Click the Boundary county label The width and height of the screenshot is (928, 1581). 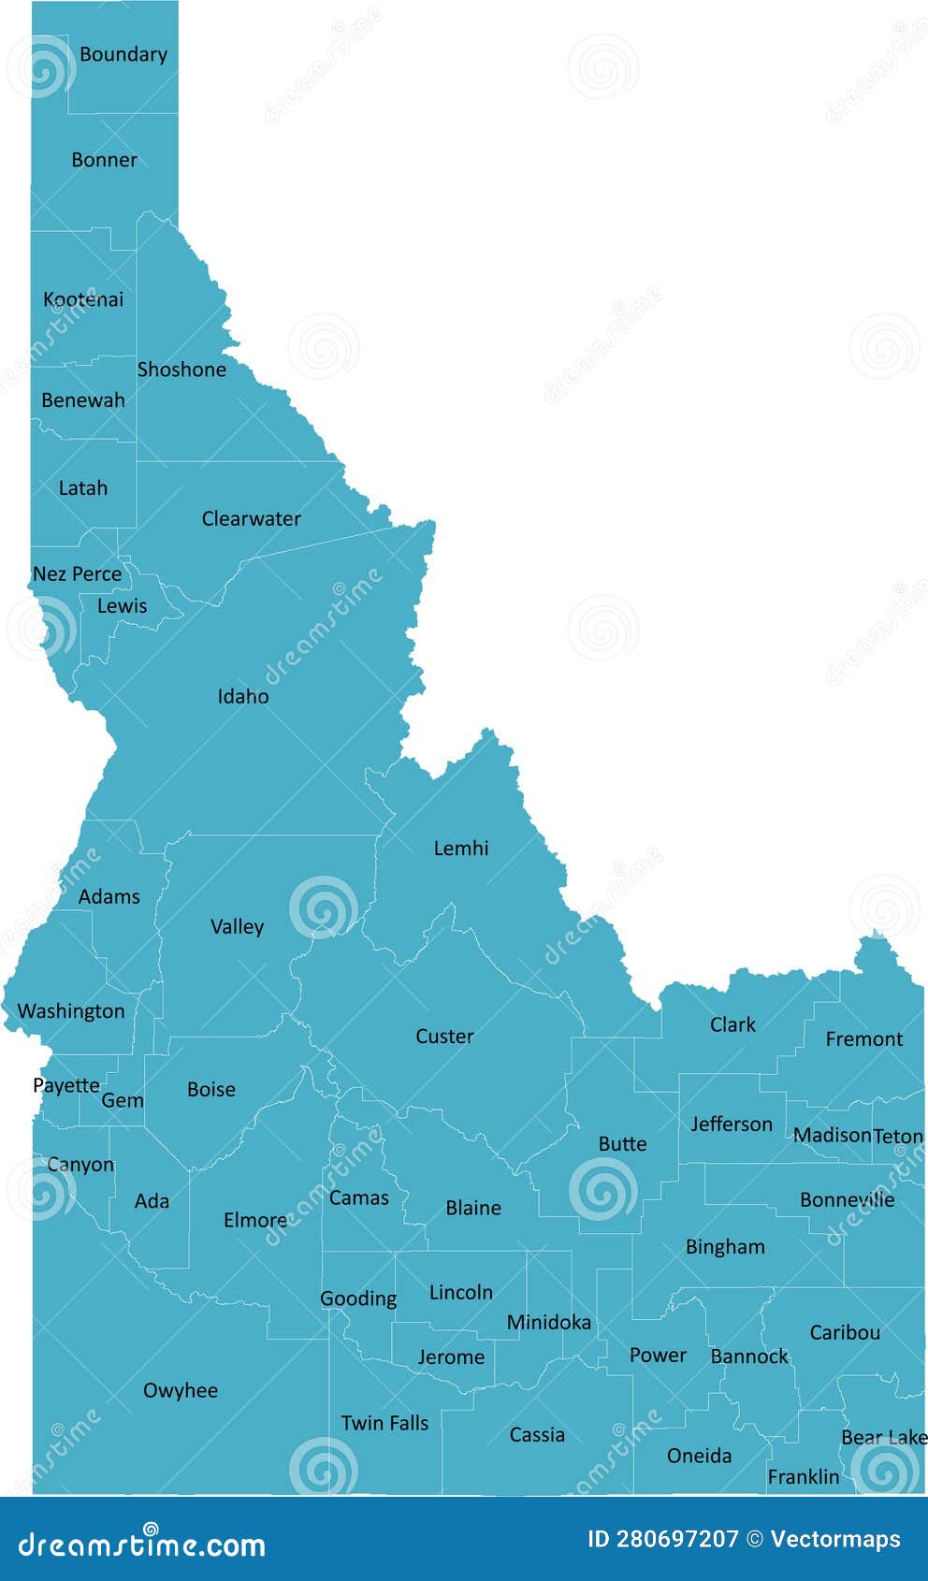tap(123, 54)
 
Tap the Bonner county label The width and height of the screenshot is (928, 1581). tap(104, 160)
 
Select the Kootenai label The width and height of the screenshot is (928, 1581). tap(83, 299)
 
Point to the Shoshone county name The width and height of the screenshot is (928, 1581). tap(181, 370)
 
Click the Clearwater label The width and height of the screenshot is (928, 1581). tap(251, 518)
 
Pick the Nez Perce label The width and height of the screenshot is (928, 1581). tap(77, 573)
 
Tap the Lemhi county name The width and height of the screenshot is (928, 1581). tap(460, 849)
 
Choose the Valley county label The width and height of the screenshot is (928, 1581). tap(237, 927)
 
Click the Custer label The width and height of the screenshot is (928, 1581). tap(444, 1037)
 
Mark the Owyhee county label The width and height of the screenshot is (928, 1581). tap(180, 1391)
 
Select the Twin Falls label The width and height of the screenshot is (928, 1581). tap(384, 1423)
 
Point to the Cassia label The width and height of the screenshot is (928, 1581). tap(537, 1435)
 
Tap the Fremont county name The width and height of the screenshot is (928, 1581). tap(863, 1038)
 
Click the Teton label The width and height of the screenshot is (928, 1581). tap(898, 1136)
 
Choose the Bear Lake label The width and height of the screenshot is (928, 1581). tap(883, 1437)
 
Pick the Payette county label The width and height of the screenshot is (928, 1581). tap(65, 1085)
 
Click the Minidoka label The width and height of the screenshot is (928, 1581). tap(548, 1322)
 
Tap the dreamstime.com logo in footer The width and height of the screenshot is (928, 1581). tap(142, 1544)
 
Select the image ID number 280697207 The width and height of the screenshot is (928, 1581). tap(676, 1539)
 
